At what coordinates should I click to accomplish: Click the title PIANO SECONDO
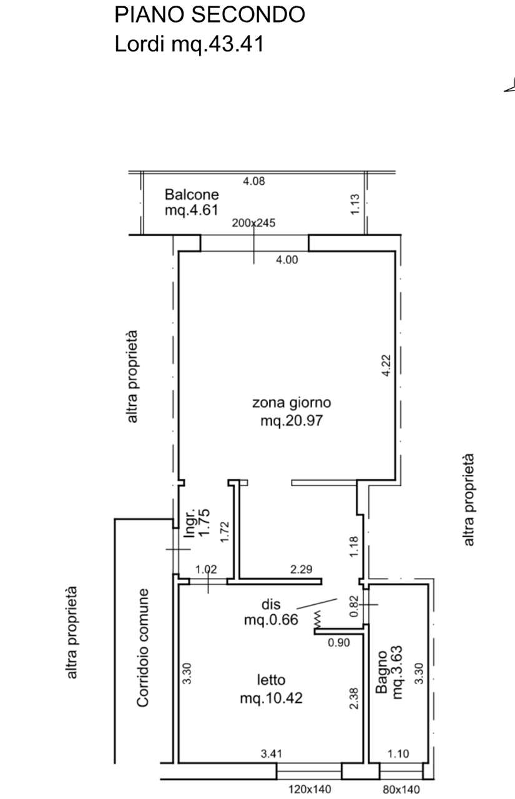(210, 14)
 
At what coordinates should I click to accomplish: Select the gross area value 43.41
(236, 44)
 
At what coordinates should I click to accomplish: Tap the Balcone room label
(192, 194)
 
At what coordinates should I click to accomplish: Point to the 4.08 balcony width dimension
(254, 181)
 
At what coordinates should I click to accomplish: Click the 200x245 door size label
(253, 223)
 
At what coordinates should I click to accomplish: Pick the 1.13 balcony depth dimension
(355, 204)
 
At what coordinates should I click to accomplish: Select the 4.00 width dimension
(287, 260)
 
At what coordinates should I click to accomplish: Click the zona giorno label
(292, 403)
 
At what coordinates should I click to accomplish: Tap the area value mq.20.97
(292, 421)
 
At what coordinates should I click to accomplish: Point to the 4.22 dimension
(386, 366)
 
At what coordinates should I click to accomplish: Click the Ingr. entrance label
(189, 523)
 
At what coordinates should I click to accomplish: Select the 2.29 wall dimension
(302, 569)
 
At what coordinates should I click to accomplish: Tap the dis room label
(271, 604)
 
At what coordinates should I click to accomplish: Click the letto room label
(271, 680)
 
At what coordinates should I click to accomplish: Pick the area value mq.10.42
(271, 698)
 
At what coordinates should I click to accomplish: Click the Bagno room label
(381, 672)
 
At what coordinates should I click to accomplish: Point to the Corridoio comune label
(142, 648)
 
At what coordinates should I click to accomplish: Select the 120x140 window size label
(310, 790)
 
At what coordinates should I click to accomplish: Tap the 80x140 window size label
(401, 790)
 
